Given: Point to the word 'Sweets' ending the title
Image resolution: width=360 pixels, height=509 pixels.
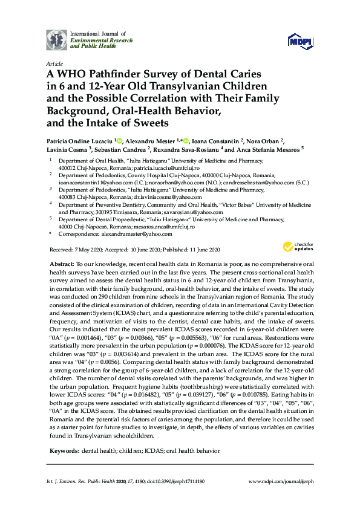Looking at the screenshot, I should (x=147, y=123).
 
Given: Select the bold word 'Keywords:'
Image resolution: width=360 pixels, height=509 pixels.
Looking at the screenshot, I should (x=64, y=451).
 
